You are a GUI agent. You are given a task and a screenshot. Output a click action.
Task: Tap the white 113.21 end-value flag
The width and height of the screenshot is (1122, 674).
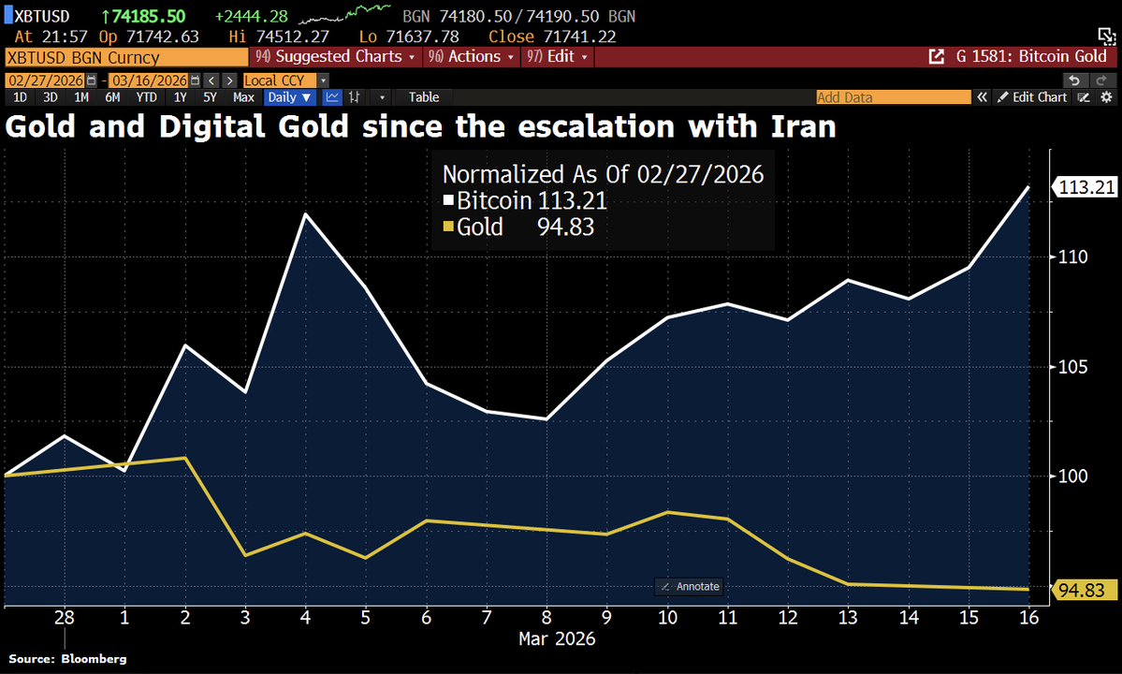pyautogui.click(x=1086, y=187)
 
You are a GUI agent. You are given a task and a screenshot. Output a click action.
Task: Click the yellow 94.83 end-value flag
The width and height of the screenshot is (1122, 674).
pyautogui.click(x=1086, y=590)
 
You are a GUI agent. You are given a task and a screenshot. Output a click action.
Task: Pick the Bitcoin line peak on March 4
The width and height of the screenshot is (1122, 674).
pyautogui.click(x=305, y=214)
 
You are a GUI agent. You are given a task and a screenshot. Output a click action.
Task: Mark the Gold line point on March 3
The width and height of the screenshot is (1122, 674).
pyautogui.click(x=245, y=555)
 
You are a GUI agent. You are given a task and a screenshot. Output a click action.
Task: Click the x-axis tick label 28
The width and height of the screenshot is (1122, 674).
pyautogui.click(x=64, y=619)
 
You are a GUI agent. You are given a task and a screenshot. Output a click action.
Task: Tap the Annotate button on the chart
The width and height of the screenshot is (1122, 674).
pyautogui.click(x=690, y=586)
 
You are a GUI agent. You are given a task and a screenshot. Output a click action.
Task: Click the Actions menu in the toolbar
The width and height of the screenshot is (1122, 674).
pyautogui.click(x=472, y=57)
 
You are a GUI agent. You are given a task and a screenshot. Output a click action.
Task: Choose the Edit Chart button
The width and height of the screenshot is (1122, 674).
pyautogui.click(x=1031, y=96)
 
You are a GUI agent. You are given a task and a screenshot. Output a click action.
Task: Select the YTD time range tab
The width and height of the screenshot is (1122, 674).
pyautogui.click(x=146, y=96)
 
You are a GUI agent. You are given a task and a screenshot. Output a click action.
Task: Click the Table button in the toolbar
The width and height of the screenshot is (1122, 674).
pyautogui.click(x=423, y=96)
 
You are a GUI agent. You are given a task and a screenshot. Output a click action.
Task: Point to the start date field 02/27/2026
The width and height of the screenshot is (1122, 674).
pyautogui.click(x=46, y=81)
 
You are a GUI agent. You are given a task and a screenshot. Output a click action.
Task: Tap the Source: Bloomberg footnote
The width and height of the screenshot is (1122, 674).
pyautogui.click(x=68, y=659)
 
